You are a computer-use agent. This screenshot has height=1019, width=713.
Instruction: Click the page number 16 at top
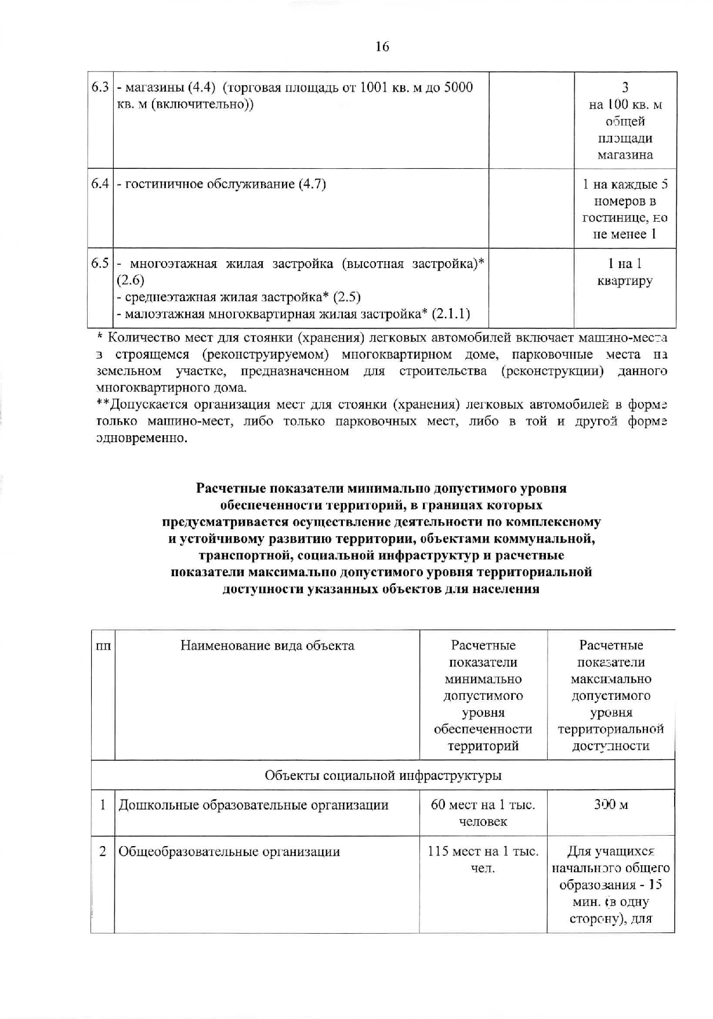[x=382, y=46]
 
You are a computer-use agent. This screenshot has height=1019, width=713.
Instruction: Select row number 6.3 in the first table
[x=100, y=88]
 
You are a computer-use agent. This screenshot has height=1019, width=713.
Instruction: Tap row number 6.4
[x=100, y=185]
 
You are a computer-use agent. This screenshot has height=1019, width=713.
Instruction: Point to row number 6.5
[x=100, y=264]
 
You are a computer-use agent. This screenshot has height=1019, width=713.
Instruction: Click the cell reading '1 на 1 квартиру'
[x=625, y=272]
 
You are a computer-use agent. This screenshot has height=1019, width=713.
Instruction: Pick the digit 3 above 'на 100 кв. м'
[x=625, y=88]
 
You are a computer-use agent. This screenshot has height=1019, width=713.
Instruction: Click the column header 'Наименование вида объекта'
[x=267, y=646]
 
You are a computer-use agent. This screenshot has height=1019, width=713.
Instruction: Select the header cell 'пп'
[x=103, y=646]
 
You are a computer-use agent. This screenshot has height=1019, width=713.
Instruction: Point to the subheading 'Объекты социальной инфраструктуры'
[x=383, y=775]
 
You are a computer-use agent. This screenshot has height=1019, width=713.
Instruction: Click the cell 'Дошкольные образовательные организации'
[x=254, y=805]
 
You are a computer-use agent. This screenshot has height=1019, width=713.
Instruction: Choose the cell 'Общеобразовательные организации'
[x=229, y=852]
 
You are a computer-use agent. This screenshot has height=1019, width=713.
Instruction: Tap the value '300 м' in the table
[x=610, y=805]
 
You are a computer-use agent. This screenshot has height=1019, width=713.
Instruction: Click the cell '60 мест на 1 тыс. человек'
[x=483, y=813]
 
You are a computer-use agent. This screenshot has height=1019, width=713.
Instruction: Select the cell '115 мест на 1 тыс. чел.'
[x=483, y=859]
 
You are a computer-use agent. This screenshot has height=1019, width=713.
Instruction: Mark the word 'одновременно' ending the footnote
[x=142, y=438]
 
